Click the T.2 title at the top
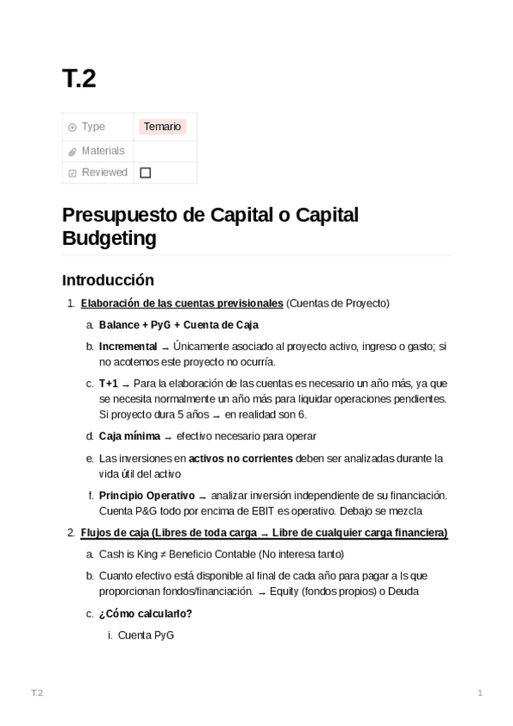click(x=79, y=79)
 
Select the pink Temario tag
click(x=163, y=127)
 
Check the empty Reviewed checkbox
click(x=146, y=172)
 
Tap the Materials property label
click(x=103, y=151)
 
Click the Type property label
click(x=93, y=127)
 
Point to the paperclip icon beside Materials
click(x=73, y=152)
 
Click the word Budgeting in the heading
click(x=109, y=238)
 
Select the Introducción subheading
click(x=108, y=280)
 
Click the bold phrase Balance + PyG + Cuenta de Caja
click(x=178, y=324)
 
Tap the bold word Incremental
click(x=128, y=347)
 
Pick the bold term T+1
click(x=108, y=384)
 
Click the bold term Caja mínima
click(x=129, y=436)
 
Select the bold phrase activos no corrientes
click(x=241, y=458)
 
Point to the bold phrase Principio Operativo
click(x=146, y=496)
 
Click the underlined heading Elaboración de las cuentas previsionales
click(x=182, y=303)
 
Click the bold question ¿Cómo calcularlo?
click(x=146, y=613)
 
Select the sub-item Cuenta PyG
click(x=146, y=635)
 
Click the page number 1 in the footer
click(x=480, y=692)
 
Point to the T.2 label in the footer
click(x=37, y=692)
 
